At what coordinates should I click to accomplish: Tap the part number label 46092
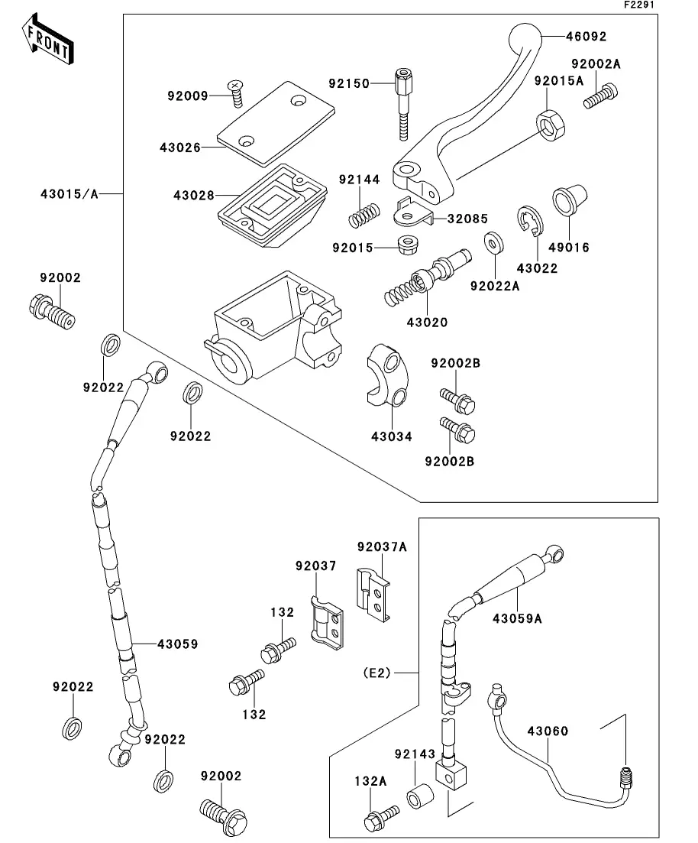[x=587, y=35]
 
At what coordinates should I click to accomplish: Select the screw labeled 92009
[x=235, y=94]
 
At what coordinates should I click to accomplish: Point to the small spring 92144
[x=364, y=213]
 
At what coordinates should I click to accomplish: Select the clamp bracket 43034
[x=386, y=374]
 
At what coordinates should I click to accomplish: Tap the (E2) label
[x=376, y=673]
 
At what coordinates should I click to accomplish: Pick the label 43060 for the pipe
[x=548, y=731]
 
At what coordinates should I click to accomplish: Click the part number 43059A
[x=517, y=618]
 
